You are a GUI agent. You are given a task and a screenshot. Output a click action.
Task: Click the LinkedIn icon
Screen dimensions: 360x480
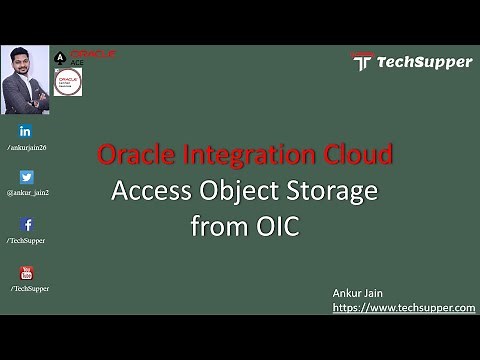coord(25,131)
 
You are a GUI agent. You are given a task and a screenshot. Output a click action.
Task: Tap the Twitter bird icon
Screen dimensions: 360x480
coord(26,177)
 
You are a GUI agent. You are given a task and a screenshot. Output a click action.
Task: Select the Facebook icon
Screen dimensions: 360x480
coord(26,225)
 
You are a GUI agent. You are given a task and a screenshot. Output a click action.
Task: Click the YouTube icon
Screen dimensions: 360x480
coord(26,272)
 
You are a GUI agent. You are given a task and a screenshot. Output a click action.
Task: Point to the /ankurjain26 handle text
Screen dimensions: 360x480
coord(27,147)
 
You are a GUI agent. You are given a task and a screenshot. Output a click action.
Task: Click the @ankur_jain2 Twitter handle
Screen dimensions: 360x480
coord(28,192)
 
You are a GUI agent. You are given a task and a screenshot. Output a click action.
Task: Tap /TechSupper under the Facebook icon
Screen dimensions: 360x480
coord(26,241)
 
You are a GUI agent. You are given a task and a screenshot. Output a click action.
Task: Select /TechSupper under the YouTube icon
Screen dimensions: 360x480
coord(30,288)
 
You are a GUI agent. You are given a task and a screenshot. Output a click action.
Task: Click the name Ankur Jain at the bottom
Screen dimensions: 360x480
coord(361,291)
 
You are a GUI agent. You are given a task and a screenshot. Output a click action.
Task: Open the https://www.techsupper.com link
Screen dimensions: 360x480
coord(404,307)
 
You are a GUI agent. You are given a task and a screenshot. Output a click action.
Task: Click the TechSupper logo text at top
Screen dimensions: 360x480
coord(424,62)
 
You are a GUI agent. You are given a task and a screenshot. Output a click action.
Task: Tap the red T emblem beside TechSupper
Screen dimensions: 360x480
coord(362,62)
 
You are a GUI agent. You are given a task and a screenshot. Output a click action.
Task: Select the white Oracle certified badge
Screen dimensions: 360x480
coord(69,82)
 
